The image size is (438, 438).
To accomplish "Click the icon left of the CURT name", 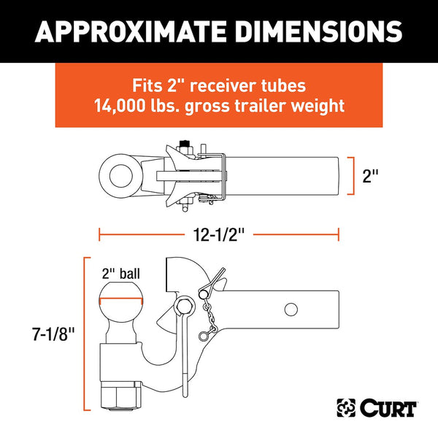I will pos(346,406).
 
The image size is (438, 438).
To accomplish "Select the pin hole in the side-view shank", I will pos(291,310).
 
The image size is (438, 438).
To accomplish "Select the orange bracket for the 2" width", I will pos(353,176).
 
